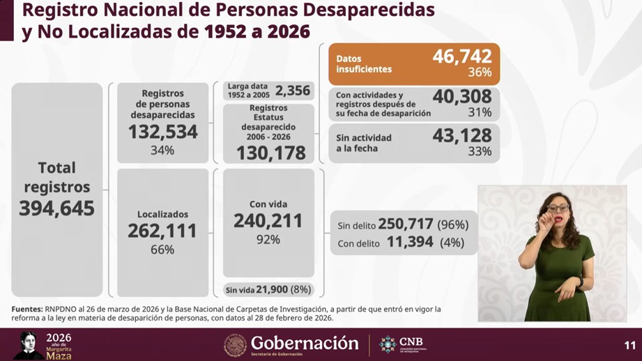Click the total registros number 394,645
(56, 208)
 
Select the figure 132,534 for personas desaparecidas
(162, 132)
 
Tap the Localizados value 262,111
(162, 231)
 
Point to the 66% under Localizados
(162, 249)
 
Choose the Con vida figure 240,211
(268, 221)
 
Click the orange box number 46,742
(462, 56)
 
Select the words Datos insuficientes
(364, 64)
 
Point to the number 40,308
(462, 96)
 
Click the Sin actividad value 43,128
(462, 135)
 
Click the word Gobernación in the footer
(305, 343)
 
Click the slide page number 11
(629, 345)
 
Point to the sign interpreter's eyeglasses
(558, 208)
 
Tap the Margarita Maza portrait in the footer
(27, 345)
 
